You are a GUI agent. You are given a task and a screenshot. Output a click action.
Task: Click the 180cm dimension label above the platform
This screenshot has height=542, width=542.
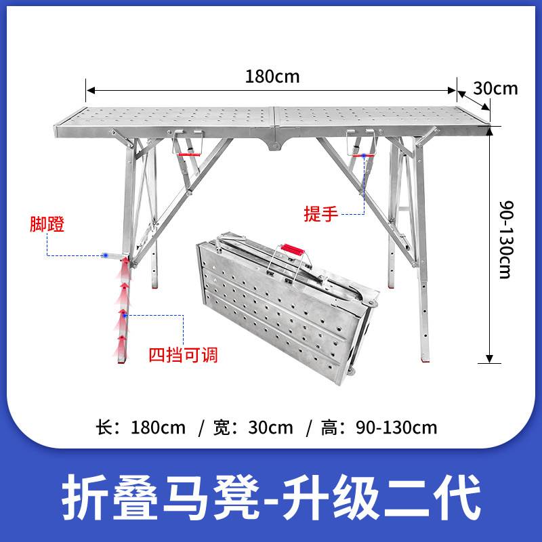pyautogui.click(x=272, y=76)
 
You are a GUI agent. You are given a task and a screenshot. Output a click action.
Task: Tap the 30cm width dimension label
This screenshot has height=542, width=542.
pyautogui.click(x=495, y=88)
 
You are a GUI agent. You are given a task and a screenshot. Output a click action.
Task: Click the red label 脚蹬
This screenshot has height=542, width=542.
pyautogui.click(x=47, y=225)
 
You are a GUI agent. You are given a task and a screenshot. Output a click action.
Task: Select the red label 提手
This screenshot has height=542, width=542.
pyautogui.click(x=320, y=214)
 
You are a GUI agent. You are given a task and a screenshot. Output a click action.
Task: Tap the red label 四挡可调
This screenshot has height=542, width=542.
pyautogui.click(x=184, y=354)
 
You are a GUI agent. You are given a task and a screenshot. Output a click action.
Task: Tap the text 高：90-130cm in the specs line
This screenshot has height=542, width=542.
pyautogui.click(x=379, y=428)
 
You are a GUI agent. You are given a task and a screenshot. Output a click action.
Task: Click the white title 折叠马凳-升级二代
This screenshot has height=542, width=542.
pyautogui.click(x=271, y=497)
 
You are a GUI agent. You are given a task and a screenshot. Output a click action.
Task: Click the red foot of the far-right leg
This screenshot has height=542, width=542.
pyautogui.click(x=426, y=357)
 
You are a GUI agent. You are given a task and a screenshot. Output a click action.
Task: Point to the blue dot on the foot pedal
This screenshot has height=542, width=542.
pyautogui.click(x=106, y=255)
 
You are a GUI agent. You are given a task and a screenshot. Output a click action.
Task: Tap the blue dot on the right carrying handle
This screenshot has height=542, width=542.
pyautogui.click(x=364, y=157)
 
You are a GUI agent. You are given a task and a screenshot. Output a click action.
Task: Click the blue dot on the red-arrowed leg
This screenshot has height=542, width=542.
pyautogui.click(x=123, y=314)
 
